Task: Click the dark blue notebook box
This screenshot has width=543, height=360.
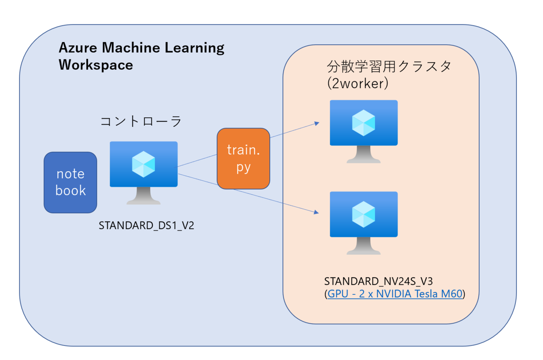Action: (x=70, y=182)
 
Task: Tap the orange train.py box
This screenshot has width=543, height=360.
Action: (x=243, y=158)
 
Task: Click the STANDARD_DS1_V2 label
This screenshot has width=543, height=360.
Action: (x=146, y=226)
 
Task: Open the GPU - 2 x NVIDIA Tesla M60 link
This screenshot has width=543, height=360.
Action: (x=395, y=294)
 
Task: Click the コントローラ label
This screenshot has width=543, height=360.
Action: (x=141, y=121)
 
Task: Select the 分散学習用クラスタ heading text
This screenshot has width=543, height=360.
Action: (x=389, y=67)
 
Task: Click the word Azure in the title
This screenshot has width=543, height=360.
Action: (x=79, y=48)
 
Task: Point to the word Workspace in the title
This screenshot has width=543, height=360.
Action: (x=96, y=65)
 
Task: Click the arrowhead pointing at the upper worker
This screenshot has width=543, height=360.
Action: (x=316, y=123)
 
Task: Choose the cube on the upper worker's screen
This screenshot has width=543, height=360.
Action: (x=363, y=123)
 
